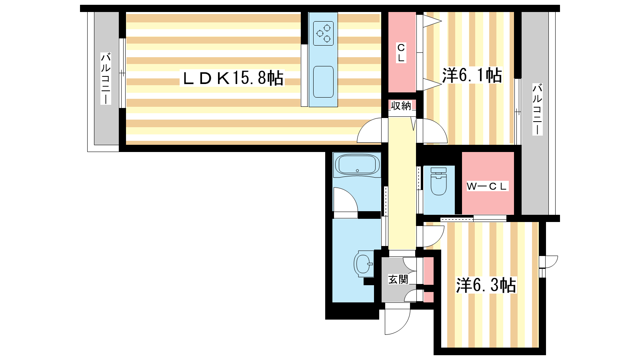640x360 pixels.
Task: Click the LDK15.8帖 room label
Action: [x=232, y=78]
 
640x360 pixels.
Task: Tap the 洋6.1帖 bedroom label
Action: [x=472, y=75]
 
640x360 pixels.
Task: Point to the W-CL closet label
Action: [x=486, y=186]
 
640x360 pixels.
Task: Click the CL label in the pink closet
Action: [x=401, y=52]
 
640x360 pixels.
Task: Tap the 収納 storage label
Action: [x=401, y=106]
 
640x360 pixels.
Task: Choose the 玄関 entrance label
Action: [x=398, y=280]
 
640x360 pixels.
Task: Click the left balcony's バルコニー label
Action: [x=106, y=78]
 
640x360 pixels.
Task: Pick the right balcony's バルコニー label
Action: [x=537, y=109]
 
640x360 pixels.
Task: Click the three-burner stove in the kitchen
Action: [x=324, y=33]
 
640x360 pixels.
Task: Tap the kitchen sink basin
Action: [x=324, y=82]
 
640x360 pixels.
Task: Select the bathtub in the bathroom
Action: [x=357, y=165]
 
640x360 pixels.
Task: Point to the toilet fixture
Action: [x=438, y=182]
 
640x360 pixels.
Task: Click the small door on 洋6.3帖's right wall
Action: [x=548, y=262]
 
